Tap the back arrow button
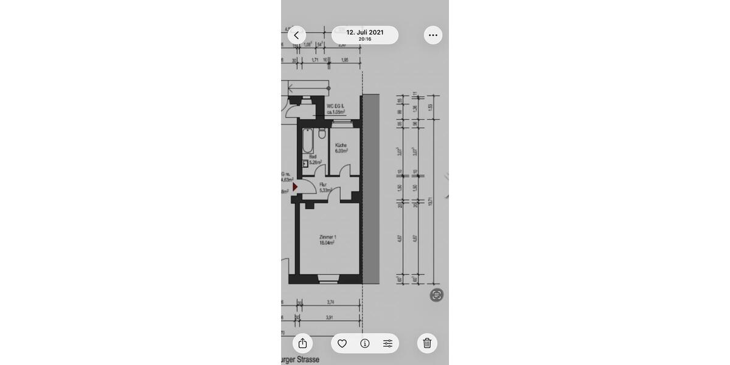tap(296, 35)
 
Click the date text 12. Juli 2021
tap(365, 32)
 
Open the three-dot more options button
tap(433, 35)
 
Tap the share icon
tap(302, 343)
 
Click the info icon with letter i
tap(365, 343)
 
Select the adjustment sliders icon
tap(388, 343)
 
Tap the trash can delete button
tap(427, 343)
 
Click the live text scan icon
tap(436, 295)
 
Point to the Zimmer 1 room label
tap(327, 237)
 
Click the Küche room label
tap(341, 145)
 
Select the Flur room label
tap(323, 184)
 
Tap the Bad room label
tap(313, 157)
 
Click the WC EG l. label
tap(335, 106)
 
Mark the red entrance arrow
tap(295, 187)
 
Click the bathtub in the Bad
tap(308, 142)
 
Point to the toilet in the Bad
tap(322, 133)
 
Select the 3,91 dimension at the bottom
tap(330, 318)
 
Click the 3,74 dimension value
tap(330, 302)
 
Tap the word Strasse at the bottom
tap(308, 360)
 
